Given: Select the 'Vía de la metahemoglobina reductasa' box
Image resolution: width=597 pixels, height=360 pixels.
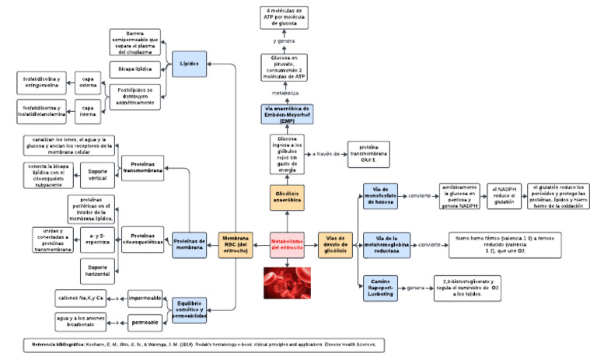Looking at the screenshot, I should (x=386, y=244).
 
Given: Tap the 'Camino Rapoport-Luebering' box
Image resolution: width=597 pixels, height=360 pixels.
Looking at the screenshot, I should (x=385, y=287).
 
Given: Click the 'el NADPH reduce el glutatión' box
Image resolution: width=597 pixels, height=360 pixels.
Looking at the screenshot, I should (x=505, y=196).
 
